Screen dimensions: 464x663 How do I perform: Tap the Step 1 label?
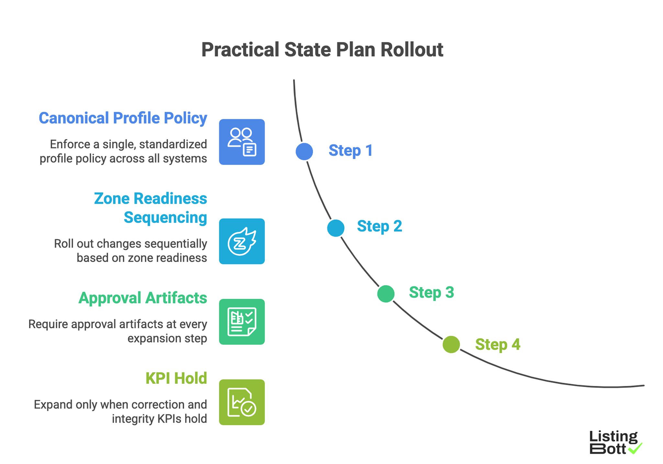[350, 151]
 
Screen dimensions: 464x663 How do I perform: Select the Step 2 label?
[379, 226]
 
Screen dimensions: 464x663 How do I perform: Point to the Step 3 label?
[431, 293]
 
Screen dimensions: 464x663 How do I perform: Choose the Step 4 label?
[498, 344]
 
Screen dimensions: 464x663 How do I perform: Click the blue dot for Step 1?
[304, 151]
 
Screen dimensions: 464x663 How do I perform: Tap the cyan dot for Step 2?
[336, 228]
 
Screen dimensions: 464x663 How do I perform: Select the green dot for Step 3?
[386, 294]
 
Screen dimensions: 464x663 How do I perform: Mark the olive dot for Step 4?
[451, 344]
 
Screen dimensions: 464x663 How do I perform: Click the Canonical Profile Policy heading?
[123, 118]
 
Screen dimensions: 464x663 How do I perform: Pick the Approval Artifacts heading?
[142, 298]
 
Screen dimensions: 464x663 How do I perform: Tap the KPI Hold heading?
[176, 378]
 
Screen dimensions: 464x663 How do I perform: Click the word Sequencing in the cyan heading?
[165, 217]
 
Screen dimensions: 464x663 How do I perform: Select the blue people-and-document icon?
[242, 142]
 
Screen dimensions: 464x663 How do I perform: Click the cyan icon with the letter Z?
[242, 241]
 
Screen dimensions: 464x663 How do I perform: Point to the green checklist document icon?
[242, 322]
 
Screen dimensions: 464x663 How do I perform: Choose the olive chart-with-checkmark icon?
[242, 402]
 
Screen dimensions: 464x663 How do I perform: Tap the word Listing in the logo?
[613, 437]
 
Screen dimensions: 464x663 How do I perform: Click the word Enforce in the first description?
[70, 144]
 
